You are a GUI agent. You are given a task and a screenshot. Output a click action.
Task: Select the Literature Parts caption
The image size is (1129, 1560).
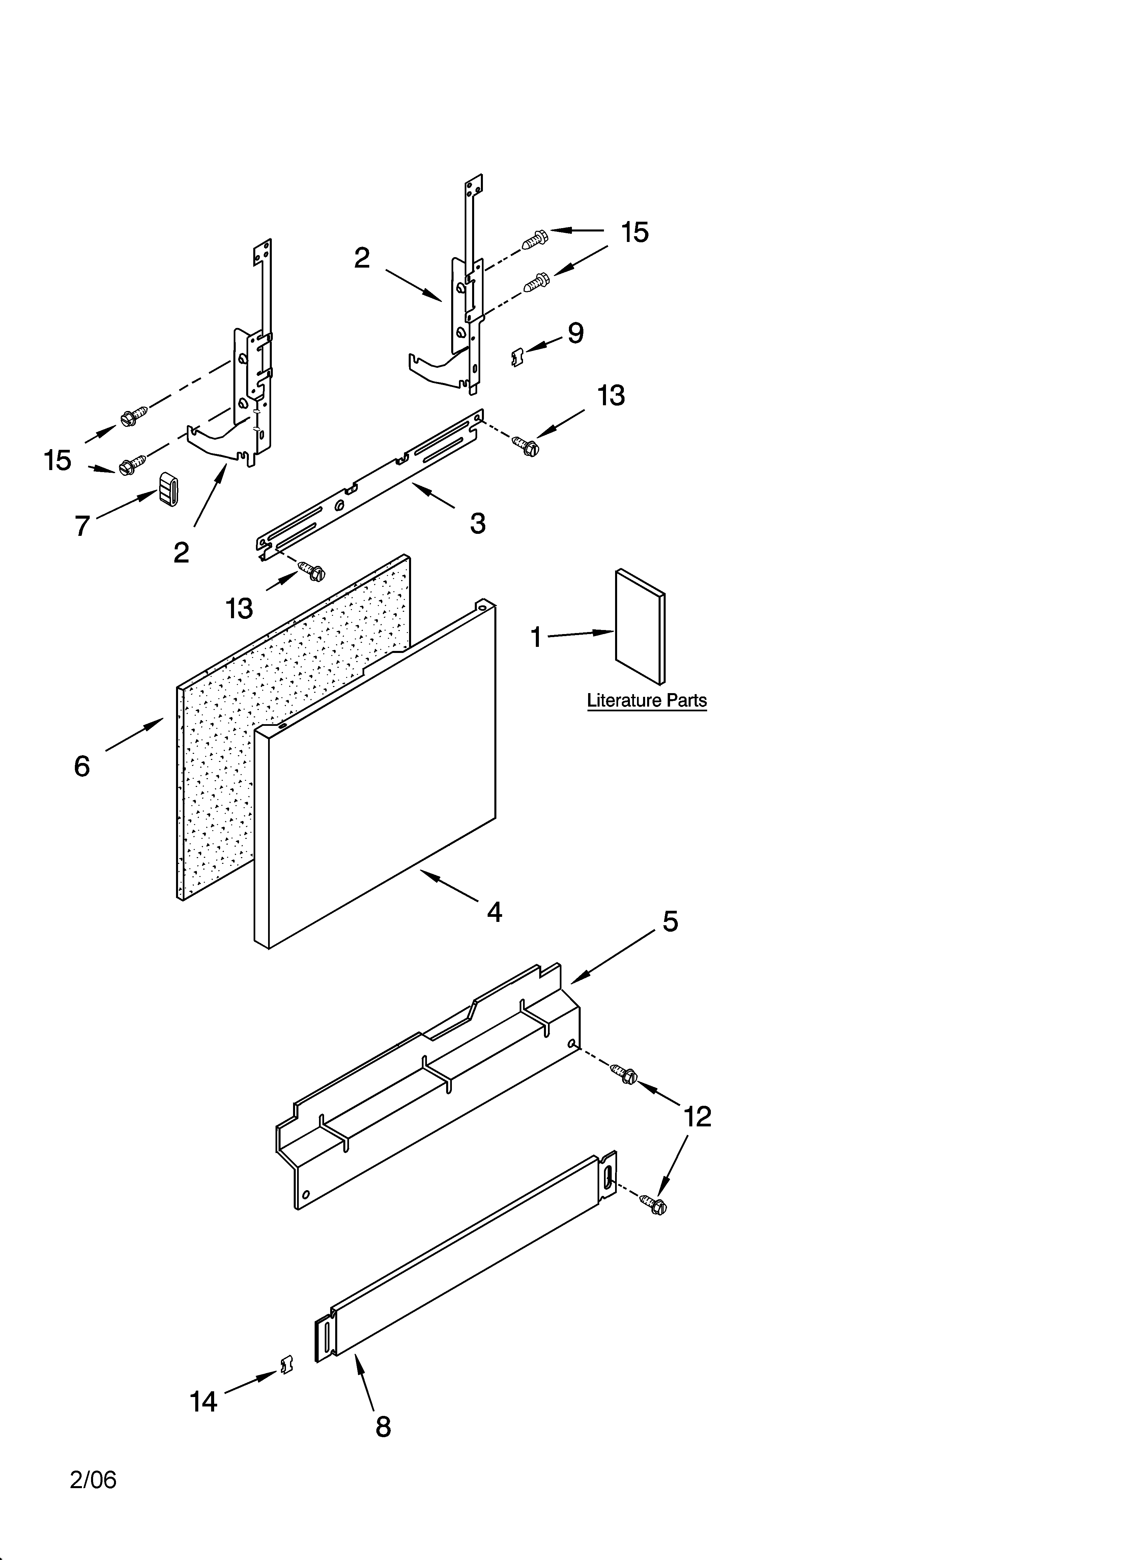[x=646, y=700]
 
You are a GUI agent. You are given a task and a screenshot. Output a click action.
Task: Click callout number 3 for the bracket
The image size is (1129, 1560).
[x=478, y=523]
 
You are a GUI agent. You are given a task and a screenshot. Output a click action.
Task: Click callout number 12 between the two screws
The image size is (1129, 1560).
[x=697, y=1116]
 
